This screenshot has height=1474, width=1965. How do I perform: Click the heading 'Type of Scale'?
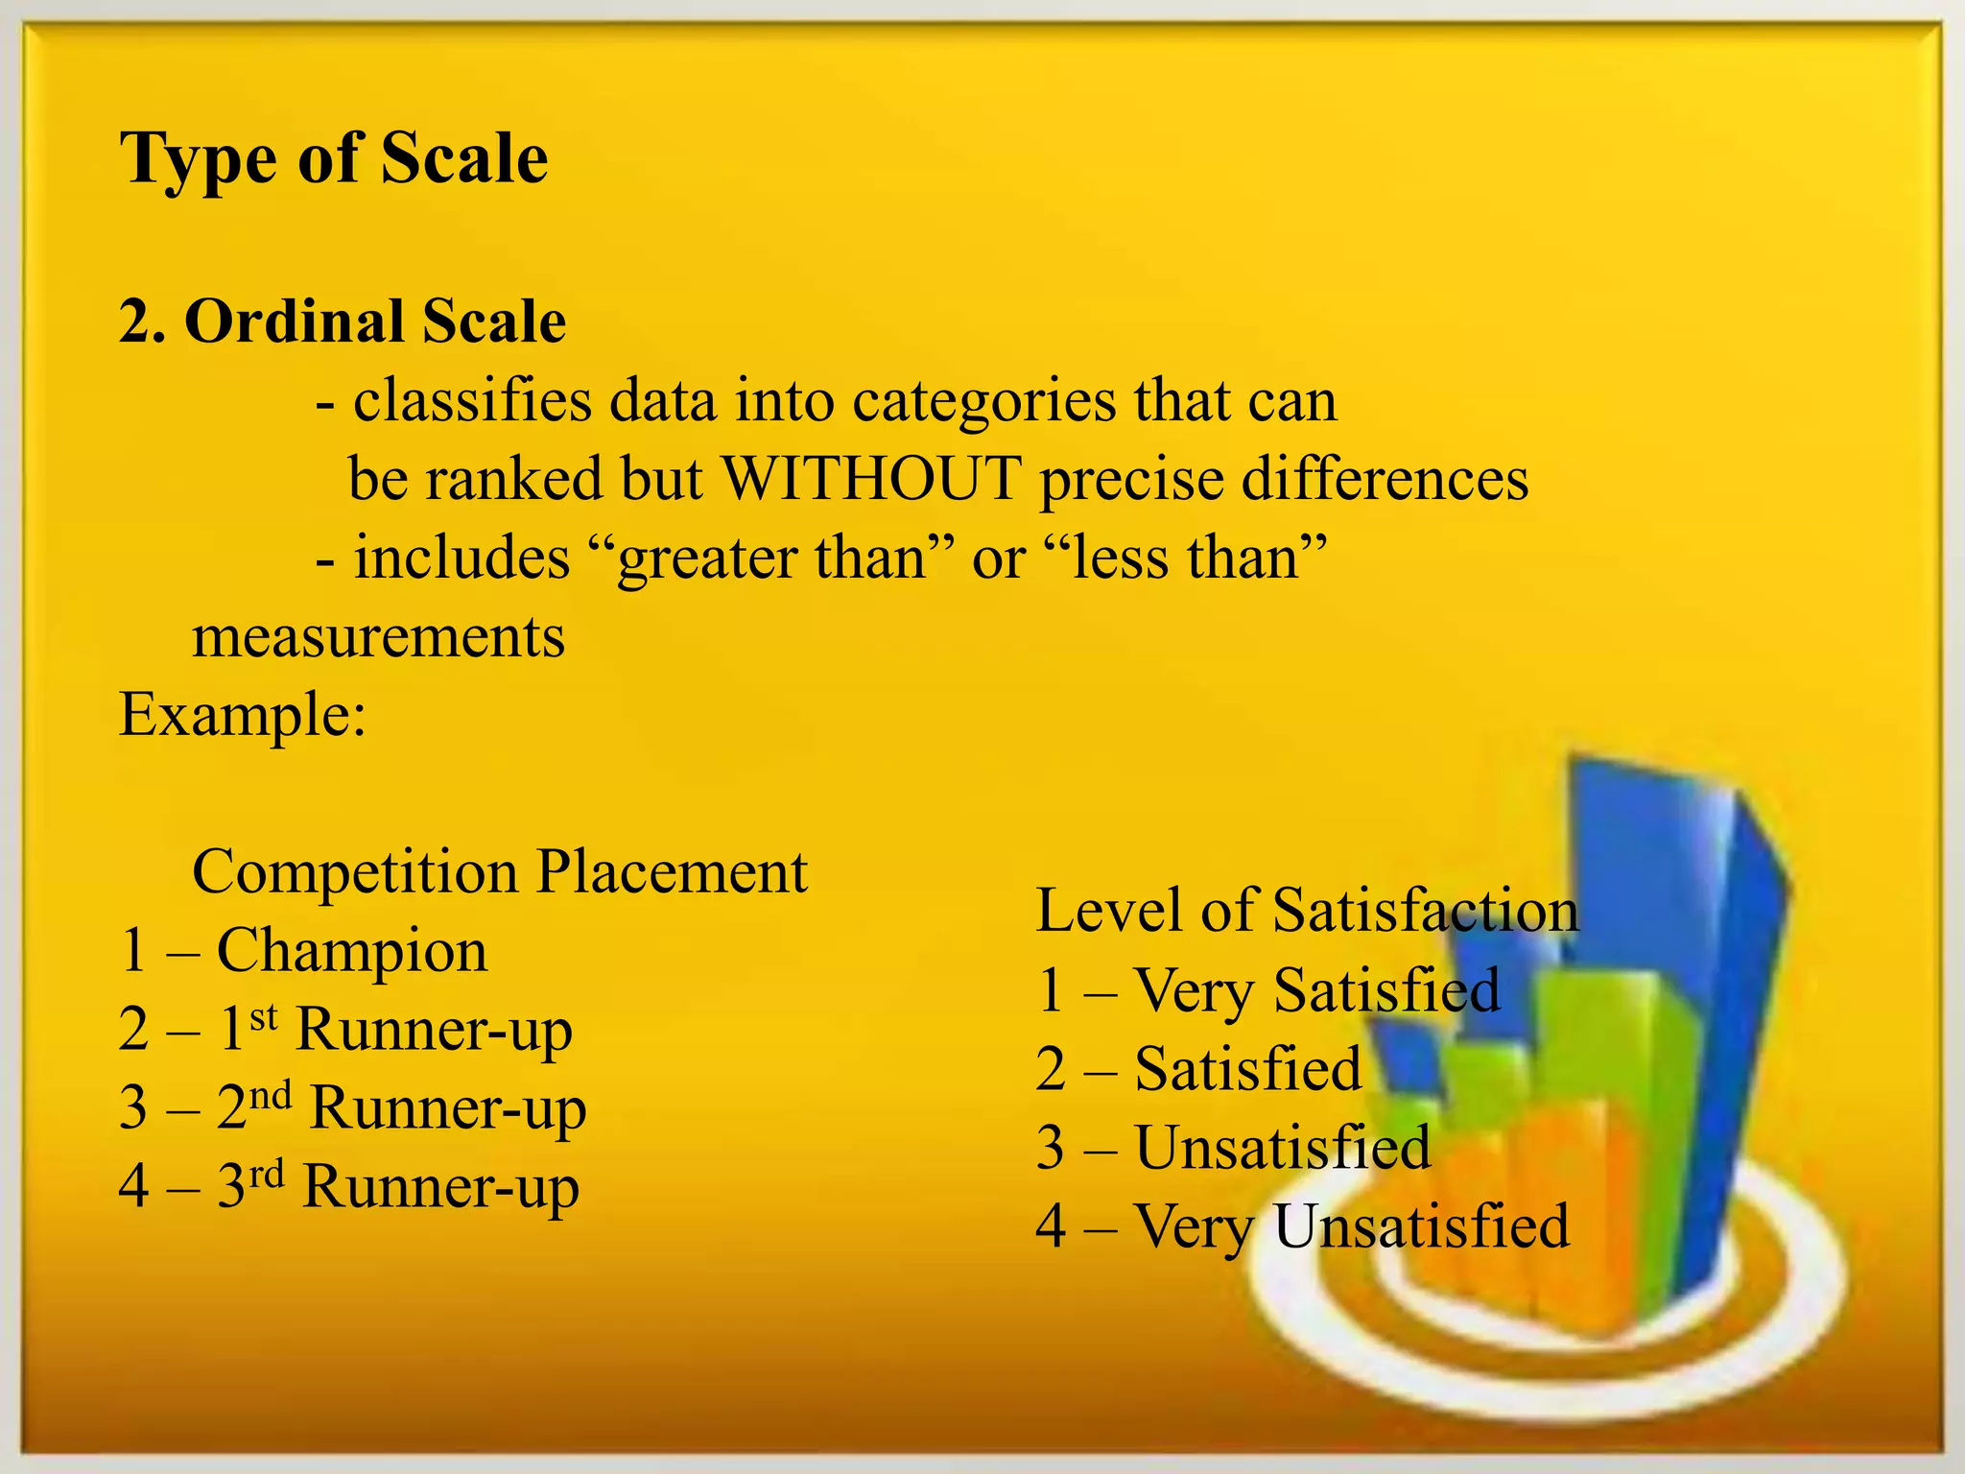pos(333,158)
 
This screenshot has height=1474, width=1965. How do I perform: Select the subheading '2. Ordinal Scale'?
pos(342,321)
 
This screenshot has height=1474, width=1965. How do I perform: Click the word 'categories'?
pos(983,401)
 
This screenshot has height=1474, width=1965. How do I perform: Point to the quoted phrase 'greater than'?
pos(773,558)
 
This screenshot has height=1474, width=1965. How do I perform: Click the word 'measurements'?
pos(378,636)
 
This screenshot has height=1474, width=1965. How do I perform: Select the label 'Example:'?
pos(243,715)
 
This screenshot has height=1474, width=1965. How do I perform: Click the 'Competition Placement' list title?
pos(499,872)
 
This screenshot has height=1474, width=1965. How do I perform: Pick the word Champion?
pos(352,951)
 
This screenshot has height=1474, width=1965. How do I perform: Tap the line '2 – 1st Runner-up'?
pos(345,1030)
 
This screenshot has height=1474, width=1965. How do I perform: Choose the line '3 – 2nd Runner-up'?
pos(352,1108)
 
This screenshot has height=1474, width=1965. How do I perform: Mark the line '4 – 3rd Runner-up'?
pos(348,1187)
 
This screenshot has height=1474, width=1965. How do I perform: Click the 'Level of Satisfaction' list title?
pos(1307,911)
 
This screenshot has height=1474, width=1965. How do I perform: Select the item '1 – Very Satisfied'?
pos(1268,989)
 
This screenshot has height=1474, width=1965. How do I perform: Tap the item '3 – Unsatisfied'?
pos(1233,1147)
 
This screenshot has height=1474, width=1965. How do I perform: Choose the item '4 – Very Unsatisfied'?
pos(1302,1225)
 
